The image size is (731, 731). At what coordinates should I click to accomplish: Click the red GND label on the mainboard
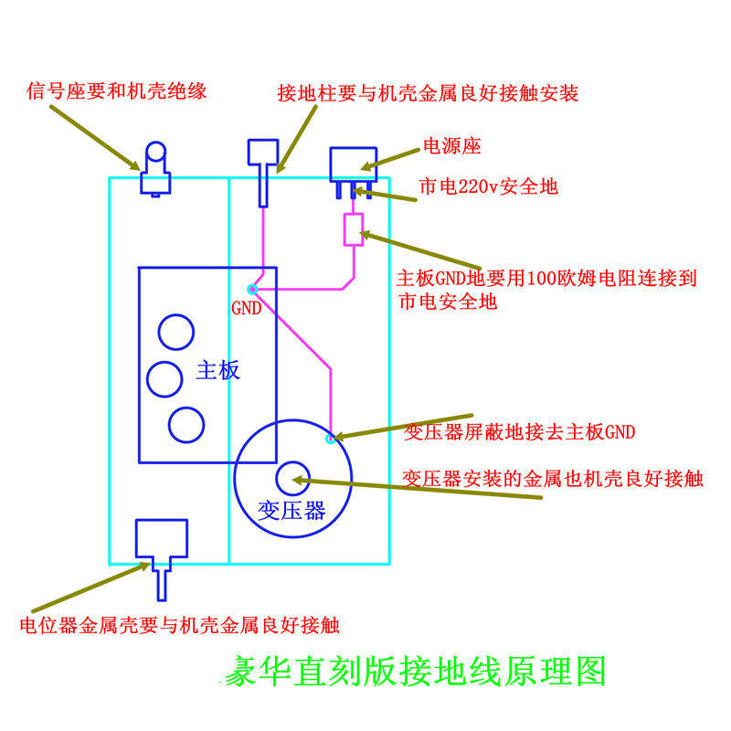tap(246, 309)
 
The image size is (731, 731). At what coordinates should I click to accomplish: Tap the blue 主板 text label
tap(218, 370)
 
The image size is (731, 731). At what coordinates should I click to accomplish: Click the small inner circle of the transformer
tap(292, 476)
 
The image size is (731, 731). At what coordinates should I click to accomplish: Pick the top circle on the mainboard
tap(175, 332)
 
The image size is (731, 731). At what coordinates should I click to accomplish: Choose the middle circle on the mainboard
tap(165, 378)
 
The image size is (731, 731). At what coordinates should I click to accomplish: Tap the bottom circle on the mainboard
tap(186, 423)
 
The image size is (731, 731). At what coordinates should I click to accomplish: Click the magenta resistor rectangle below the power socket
tap(353, 229)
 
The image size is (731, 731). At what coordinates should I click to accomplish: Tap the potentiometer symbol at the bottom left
tap(161, 548)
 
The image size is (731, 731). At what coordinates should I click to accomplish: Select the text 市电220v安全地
tap(488, 187)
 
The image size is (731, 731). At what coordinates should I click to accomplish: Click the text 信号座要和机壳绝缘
tap(118, 90)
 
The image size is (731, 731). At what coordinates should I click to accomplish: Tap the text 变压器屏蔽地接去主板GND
tap(519, 432)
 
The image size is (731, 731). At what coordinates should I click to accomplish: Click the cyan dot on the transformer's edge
tap(331, 439)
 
